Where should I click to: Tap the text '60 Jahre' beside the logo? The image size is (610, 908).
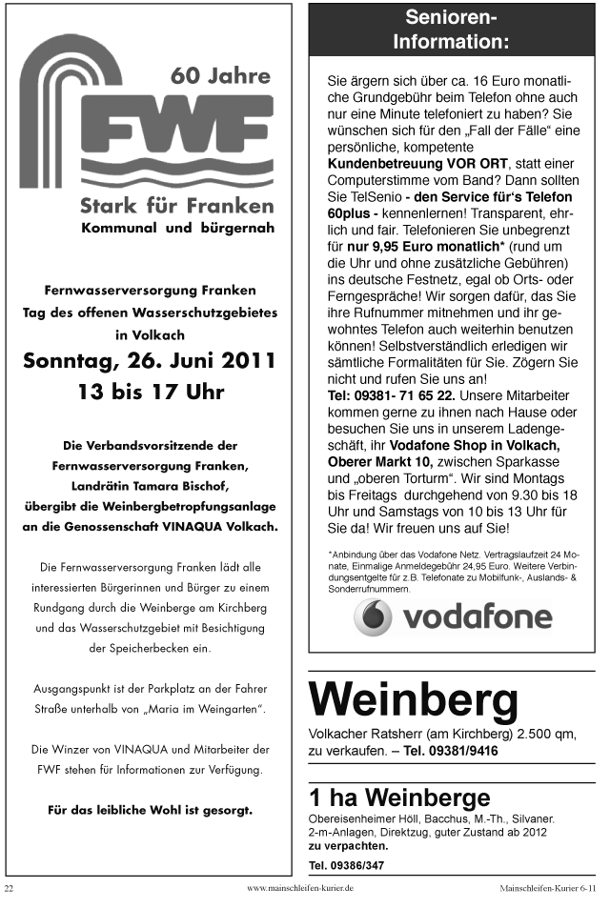pyautogui.click(x=219, y=75)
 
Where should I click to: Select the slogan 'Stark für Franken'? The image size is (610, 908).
pyautogui.click(x=177, y=205)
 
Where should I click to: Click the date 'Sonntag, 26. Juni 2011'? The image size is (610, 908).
pyautogui.click(x=150, y=362)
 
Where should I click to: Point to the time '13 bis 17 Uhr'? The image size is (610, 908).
pyautogui.click(x=151, y=392)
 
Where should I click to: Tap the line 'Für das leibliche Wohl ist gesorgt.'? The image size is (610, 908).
pyautogui.click(x=150, y=811)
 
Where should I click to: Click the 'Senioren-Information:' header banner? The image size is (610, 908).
pyautogui.click(x=451, y=30)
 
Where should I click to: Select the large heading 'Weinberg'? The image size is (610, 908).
pyautogui.click(x=414, y=701)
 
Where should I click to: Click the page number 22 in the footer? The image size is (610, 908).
pyautogui.click(x=10, y=888)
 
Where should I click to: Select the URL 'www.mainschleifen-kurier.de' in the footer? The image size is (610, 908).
pyautogui.click(x=300, y=888)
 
